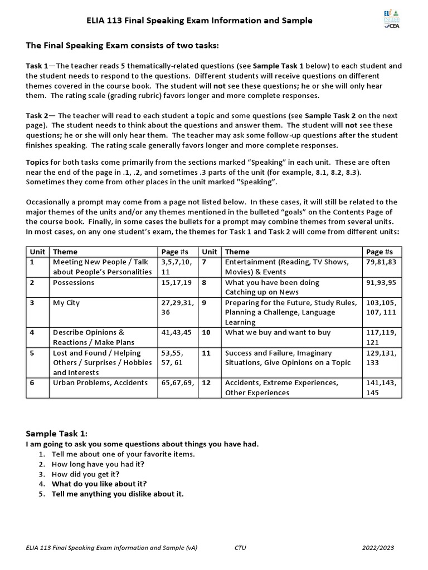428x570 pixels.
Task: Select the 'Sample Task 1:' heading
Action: click(x=57, y=433)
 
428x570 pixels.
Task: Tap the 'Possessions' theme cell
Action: click(x=74, y=282)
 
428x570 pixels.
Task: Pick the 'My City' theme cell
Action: click(x=66, y=303)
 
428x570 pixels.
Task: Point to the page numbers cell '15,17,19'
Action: click(x=176, y=282)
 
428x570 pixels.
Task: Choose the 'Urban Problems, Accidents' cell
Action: click(x=100, y=382)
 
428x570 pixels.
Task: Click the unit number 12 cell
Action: click(x=206, y=382)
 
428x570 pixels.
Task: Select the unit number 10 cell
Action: click(x=206, y=332)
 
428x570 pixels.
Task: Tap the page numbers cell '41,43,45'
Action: click(x=176, y=332)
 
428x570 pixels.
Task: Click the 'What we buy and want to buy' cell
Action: click(x=278, y=332)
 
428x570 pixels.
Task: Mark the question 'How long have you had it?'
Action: click(x=98, y=464)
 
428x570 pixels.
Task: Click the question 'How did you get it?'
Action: click(x=85, y=474)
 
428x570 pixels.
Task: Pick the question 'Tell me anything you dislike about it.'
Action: click(x=118, y=494)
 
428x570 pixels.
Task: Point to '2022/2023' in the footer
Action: click(x=377, y=548)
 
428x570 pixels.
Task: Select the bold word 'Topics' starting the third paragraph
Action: click(x=37, y=162)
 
